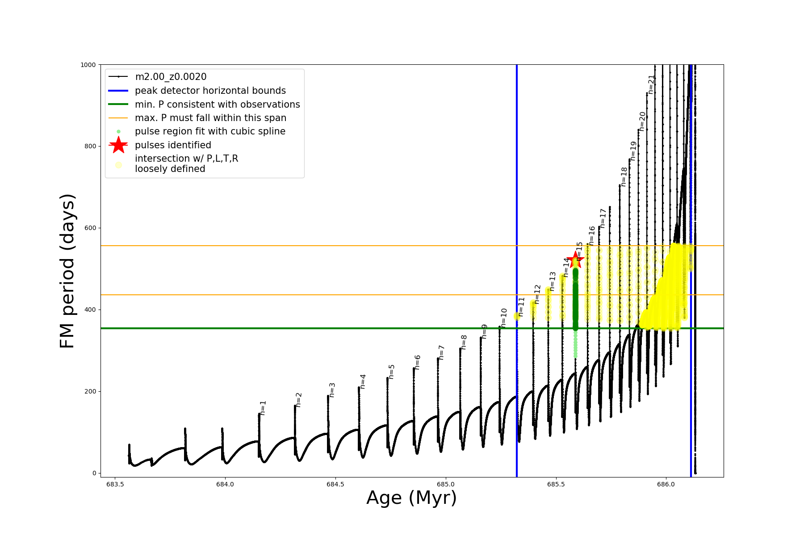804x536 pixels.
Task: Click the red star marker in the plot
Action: [575, 260]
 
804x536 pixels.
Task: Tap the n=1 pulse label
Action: [263, 408]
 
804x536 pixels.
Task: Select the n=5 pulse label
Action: [392, 372]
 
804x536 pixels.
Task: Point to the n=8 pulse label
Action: [464, 342]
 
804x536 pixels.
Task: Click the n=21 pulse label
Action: [652, 84]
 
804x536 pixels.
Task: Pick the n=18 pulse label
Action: [624, 177]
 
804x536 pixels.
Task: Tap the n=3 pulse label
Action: [332, 390]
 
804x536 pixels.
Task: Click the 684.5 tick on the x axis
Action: [335, 484]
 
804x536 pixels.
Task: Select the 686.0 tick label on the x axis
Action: [666, 484]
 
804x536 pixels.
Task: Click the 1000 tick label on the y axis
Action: [88, 65]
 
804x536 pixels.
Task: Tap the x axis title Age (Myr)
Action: [411, 498]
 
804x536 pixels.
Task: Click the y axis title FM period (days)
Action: [67, 271]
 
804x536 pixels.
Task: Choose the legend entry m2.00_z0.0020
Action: [171, 77]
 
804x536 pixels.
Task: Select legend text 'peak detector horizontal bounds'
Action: [210, 91]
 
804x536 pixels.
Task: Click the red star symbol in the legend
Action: [118, 145]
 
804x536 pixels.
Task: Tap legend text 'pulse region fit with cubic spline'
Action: [210, 131]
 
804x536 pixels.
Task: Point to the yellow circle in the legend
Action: [118, 165]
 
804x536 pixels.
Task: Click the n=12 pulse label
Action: [537, 294]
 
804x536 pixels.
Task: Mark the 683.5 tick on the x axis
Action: [115, 484]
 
